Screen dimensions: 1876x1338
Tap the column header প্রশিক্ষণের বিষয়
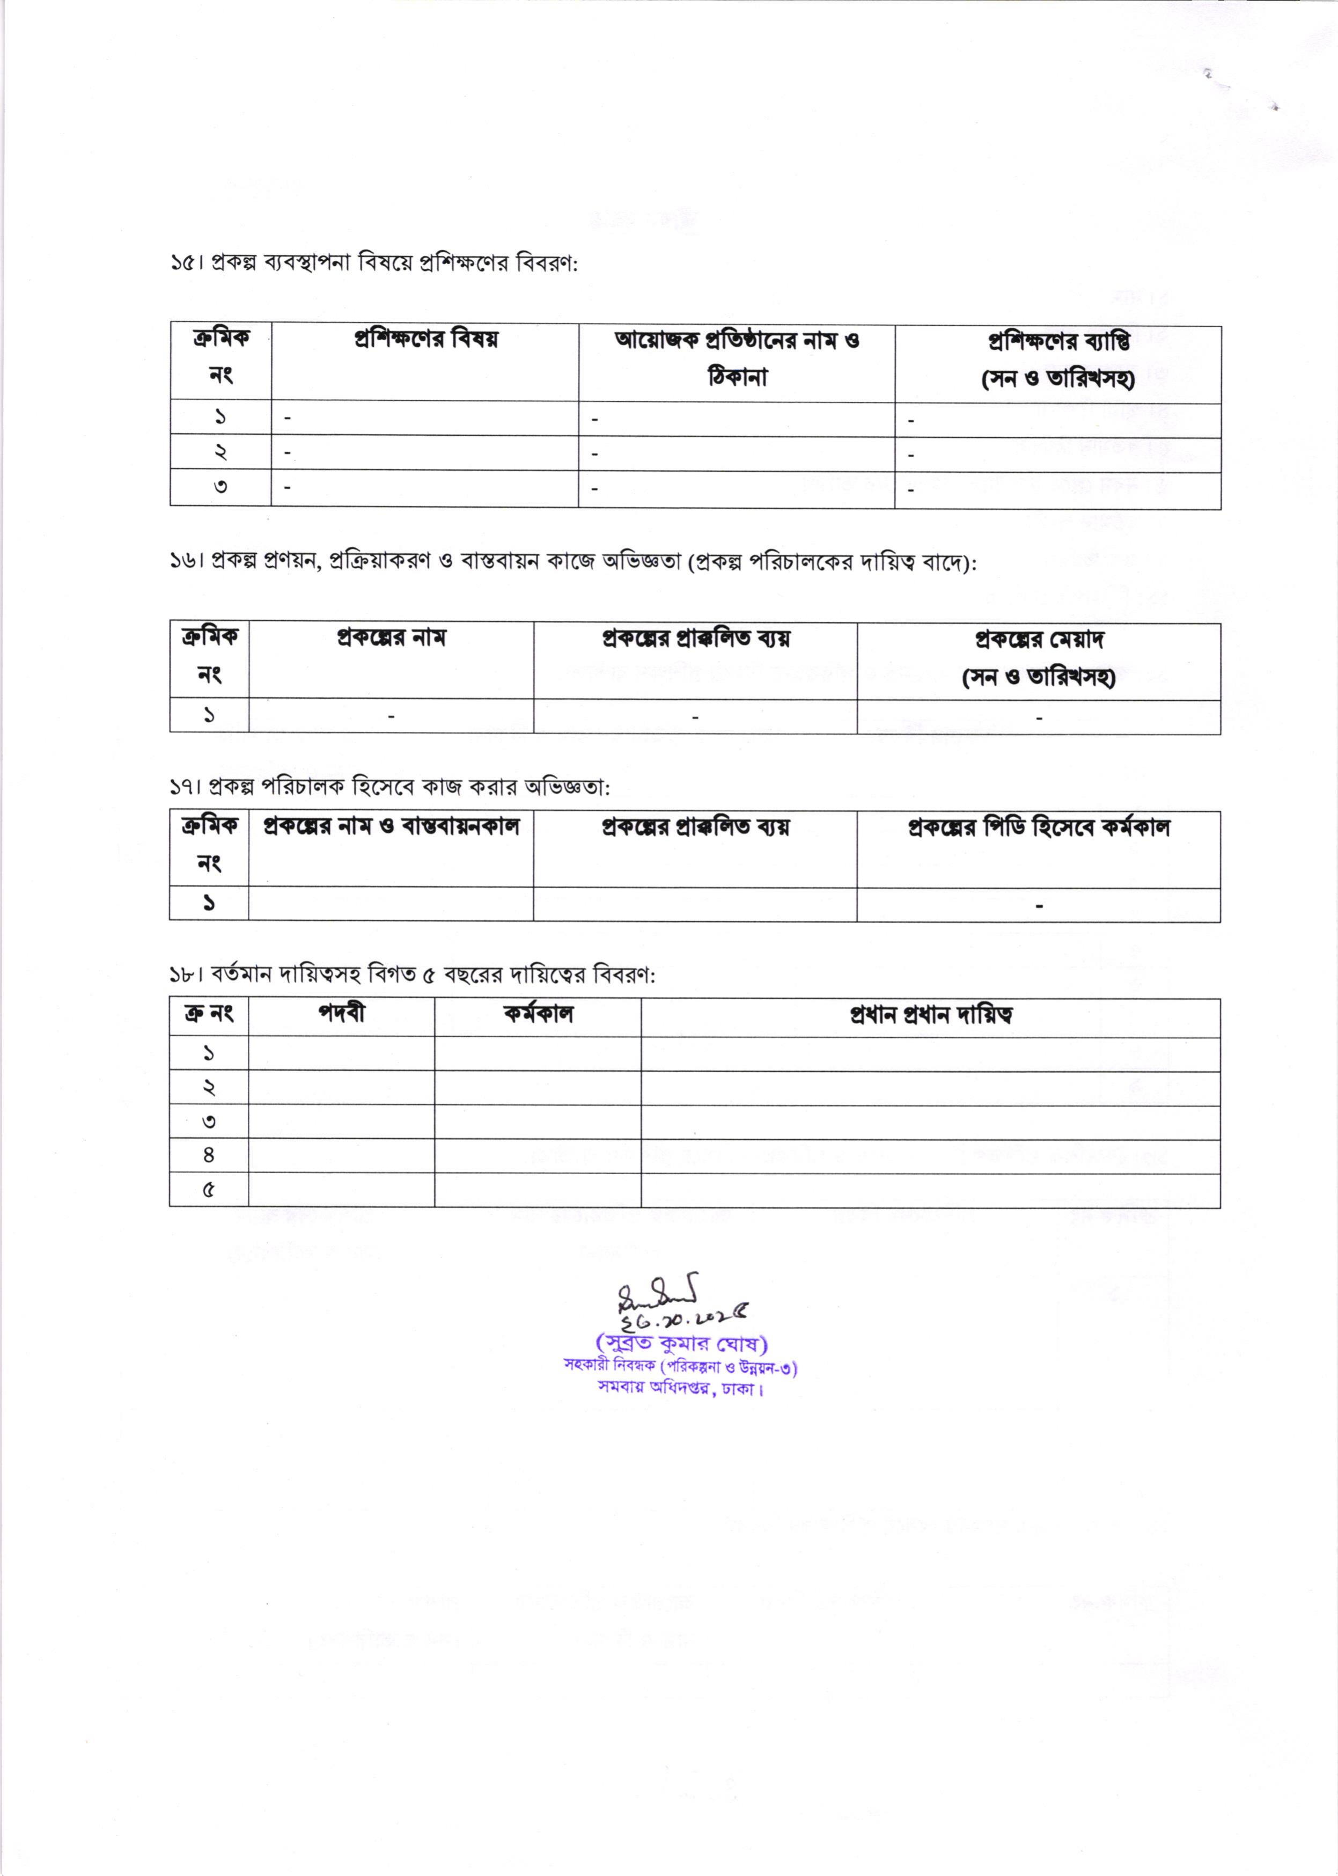tap(425, 340)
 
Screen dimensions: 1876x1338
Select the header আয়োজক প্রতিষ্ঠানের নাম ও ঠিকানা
tap(737, 358)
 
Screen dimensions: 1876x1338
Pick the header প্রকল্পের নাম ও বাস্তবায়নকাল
tap(391, 826)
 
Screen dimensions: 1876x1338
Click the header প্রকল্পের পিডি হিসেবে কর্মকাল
tap(1038, 827)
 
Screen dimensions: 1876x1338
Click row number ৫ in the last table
tap(209, 1190)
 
